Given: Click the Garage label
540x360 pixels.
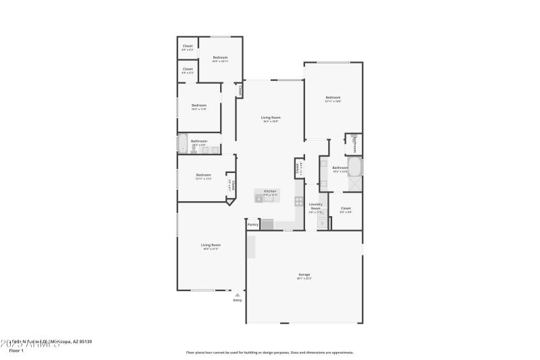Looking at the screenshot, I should click(x=304, y=275).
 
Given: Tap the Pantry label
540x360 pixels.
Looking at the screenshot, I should click(x=253, y=224).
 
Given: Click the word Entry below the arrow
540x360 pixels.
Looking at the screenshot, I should click(x=238, y=300).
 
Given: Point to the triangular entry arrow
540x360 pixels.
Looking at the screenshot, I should click(x=237, y=294).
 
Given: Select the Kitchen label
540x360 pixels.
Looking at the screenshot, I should click(x=270, y=192).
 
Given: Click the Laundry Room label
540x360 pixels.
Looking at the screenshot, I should click(x=315, y=206).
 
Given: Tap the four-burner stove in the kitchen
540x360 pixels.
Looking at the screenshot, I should click(x=298, y=201).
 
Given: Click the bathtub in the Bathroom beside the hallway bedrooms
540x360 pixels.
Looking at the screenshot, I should click(x=182, y=144).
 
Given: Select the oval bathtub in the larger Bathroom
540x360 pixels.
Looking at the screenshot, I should click(x=355, y=167).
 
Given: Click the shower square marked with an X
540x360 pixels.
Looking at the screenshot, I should click(x=355, y=183).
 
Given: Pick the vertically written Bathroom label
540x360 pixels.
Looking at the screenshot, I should click(x=356, y=144).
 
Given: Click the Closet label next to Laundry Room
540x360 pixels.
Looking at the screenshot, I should click(x=346, y=209).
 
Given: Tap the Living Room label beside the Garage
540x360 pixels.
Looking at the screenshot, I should click(x=211, y=246).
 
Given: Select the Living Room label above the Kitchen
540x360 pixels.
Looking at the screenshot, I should click(x=271, y=118).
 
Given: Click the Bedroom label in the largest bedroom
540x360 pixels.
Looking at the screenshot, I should click(x=333, y=99).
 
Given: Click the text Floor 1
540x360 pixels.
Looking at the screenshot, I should click(x=16, y=351).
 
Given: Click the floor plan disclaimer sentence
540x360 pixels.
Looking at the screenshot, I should click(x=269, y=352).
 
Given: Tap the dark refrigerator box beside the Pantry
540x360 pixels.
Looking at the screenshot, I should click(x=267, y=225).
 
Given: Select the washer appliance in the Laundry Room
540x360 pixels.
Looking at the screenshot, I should click(x=322, y=222).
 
